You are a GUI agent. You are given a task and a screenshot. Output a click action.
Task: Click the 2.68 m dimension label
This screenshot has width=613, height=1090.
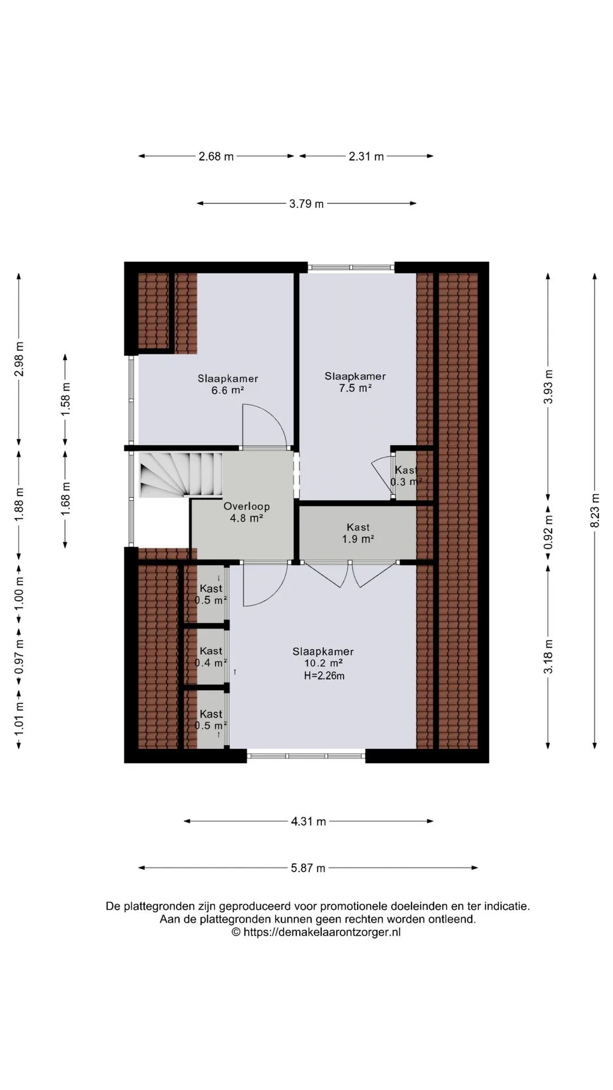point(216,156)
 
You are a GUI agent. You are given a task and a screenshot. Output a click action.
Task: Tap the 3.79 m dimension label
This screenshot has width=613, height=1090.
point(306,204)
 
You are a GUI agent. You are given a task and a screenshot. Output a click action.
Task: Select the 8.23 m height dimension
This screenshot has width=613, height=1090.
point(595,510)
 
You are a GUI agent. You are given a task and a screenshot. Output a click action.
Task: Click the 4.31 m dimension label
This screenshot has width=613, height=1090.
point(309,821)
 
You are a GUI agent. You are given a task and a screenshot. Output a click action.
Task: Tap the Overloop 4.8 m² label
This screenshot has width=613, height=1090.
point(246,512)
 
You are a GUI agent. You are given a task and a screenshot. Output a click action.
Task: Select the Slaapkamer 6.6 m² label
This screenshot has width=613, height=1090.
point(228,384)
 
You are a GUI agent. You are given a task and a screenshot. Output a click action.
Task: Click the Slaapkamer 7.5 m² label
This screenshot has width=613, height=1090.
point(355,382)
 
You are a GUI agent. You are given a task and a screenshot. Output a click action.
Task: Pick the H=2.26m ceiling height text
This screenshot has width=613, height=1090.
point(324,676)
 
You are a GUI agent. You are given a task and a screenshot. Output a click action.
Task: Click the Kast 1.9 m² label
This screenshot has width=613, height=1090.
point(358,533)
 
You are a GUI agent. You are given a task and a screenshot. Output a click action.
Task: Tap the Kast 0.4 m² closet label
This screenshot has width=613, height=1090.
point(211,657)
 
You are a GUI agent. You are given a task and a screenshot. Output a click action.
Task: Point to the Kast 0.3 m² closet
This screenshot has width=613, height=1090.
point(406,476)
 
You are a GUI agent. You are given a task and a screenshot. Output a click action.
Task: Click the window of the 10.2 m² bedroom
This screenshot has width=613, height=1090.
point(306,756)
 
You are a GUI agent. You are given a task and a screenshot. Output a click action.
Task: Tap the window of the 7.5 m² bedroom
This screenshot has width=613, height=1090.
point(351,267)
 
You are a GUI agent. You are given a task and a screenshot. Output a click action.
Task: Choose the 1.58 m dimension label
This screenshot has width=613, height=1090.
point(65,399)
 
